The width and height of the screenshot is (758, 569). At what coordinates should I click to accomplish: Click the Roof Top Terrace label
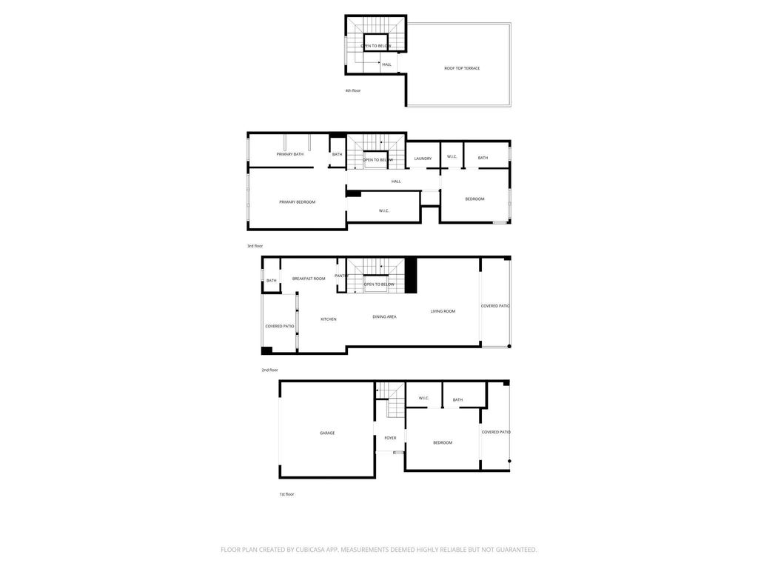(x=462, y=68)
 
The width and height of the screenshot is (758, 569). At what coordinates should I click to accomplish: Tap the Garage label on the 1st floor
(x=327, y=433)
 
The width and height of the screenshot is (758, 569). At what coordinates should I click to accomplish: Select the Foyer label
(x=390, y=438)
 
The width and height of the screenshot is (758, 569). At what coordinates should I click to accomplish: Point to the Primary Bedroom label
(x=298, y=202)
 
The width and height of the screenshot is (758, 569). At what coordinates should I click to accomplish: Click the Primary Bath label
(x=290, y=154)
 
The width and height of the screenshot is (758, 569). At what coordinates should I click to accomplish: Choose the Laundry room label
(x=423, y=159)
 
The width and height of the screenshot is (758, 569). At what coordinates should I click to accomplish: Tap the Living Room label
(x=443, y=311)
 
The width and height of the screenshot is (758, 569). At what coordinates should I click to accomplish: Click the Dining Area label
(x=384, y=317)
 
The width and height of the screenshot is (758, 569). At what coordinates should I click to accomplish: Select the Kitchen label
(x=329, y=319)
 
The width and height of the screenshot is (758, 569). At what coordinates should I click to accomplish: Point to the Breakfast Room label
(x=309, y=279)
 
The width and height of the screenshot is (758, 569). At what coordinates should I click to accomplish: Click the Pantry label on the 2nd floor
(x=341, y=276)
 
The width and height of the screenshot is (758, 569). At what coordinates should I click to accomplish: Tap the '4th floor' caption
(x=353, y=90)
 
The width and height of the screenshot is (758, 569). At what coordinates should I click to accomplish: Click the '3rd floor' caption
(x=255, y=246)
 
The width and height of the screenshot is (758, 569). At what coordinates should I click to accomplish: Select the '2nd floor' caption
(x=269, y=370)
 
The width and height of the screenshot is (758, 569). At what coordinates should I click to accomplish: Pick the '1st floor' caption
(x=286, y=494)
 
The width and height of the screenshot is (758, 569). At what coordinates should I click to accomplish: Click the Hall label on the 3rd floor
(x=396, y=182)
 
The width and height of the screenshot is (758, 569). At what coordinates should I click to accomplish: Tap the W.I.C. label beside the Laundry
(x=452, y=157)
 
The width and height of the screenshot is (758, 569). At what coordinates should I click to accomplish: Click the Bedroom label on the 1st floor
(x=443, y=443)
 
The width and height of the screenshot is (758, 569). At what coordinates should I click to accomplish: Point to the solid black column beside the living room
(x=411, y=276)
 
